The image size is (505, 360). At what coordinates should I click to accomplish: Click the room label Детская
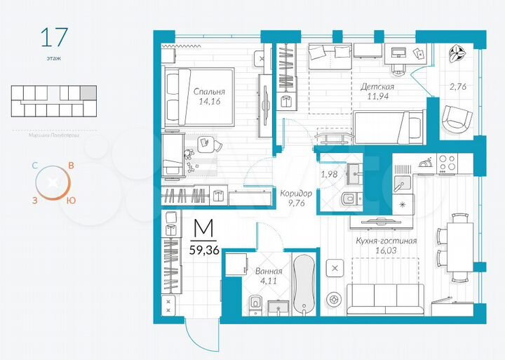pos(377,86)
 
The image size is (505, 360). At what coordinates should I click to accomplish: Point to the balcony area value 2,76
pos(457,87)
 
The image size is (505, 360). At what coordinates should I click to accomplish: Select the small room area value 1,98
pos(330,174)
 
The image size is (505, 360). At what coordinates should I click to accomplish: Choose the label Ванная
pos(269,272)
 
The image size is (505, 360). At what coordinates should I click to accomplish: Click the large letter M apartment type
pos(204,228)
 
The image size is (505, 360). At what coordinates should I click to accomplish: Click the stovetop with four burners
pos(447,163)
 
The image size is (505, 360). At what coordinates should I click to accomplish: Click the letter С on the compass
pos(34,166)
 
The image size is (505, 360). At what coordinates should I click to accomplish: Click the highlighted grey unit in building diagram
pos(88,92)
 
